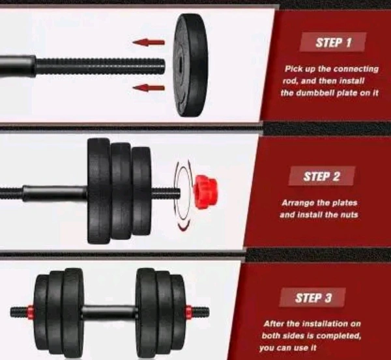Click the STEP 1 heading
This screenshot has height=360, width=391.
[334, 42]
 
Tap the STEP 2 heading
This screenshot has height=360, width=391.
[321, 176]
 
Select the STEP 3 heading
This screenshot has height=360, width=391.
[313, 298]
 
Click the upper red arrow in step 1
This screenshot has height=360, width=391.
[149, 42]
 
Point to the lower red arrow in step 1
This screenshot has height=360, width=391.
[149, 87]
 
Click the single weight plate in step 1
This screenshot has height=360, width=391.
[191, 65]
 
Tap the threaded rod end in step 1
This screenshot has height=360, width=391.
[100, 66]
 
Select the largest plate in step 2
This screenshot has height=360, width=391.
[98, 191]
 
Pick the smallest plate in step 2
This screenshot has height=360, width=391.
[141, 191]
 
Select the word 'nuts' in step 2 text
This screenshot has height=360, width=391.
[349, 215]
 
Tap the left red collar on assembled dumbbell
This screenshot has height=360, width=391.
[31, 312]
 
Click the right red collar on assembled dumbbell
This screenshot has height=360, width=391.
[189, 312]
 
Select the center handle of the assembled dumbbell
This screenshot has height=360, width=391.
[109, 312]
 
